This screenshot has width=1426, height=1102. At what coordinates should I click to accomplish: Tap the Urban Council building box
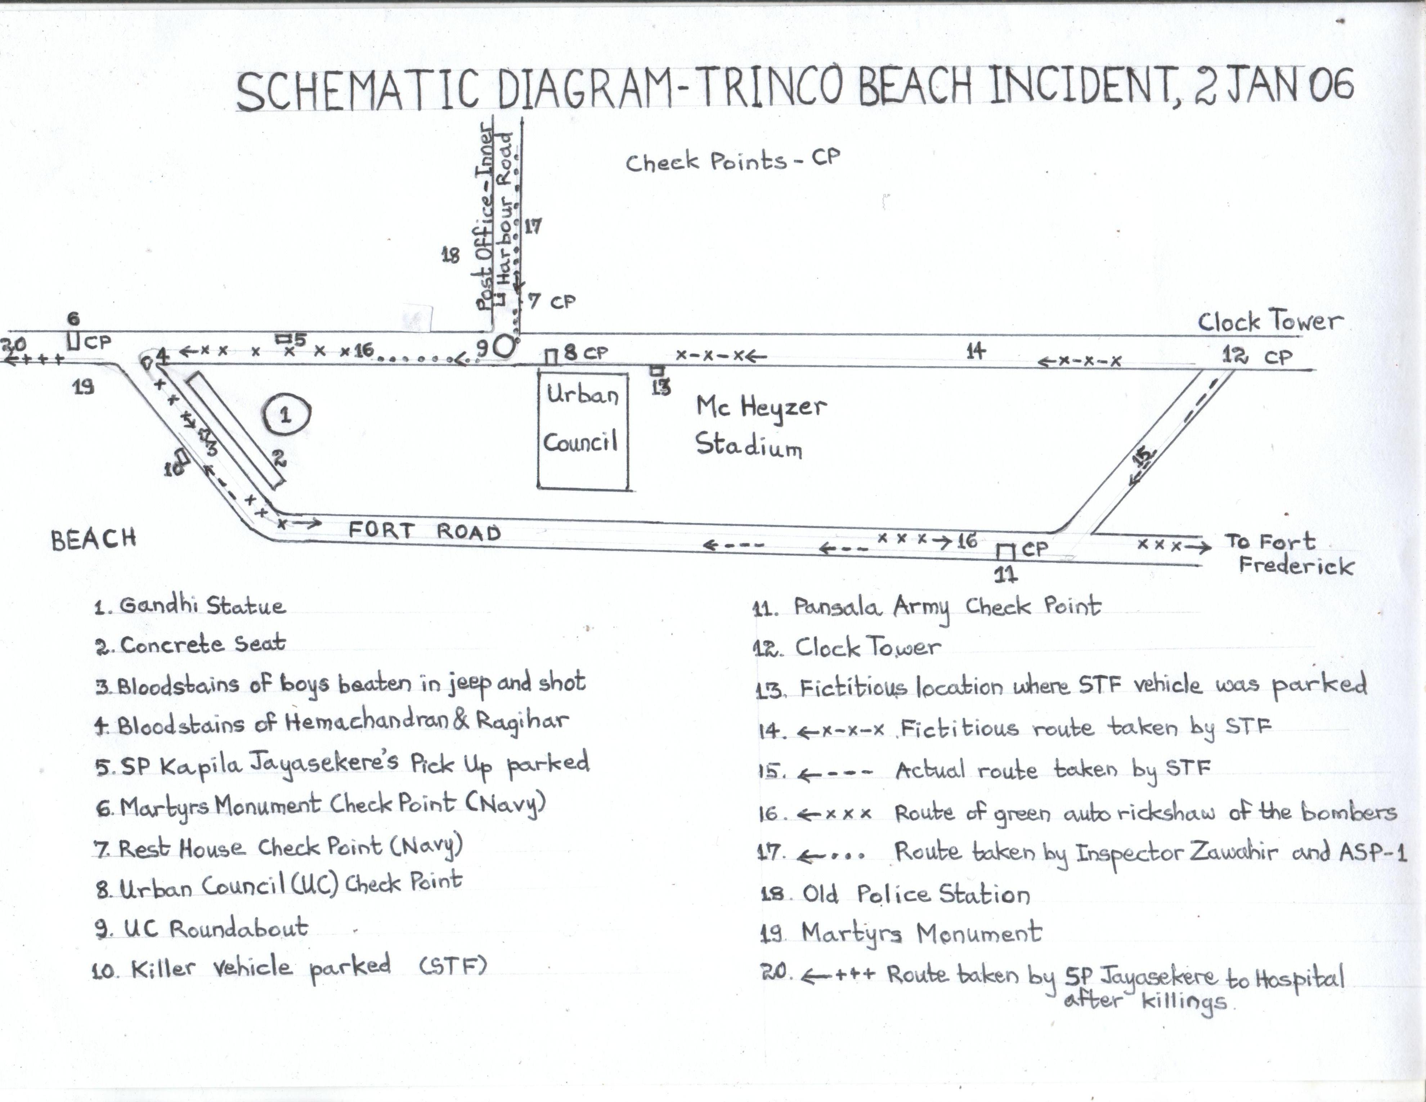(x=582, y=430)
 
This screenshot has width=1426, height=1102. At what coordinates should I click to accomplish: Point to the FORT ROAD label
(x=425, y=531)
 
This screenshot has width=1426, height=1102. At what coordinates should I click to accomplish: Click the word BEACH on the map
(x=93, y=539)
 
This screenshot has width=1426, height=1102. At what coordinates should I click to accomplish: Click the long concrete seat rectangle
(x=236, y=430)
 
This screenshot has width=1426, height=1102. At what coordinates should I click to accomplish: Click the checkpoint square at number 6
(x=74, y=341)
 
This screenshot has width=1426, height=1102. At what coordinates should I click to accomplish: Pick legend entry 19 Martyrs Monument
(x=901, y=933)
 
